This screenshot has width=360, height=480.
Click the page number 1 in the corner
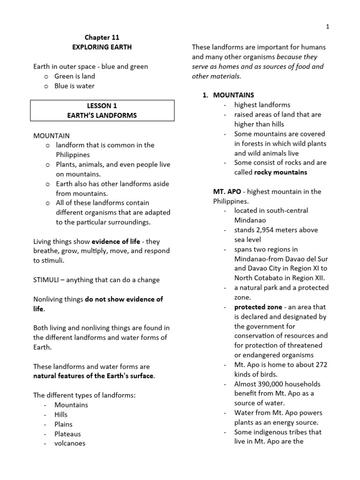328,27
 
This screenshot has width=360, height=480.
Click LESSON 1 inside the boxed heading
102,106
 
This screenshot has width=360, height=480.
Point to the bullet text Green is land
75,76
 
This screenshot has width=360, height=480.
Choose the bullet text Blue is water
75,86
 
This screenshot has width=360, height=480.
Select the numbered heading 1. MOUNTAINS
229,95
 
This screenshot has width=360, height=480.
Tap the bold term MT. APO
227,191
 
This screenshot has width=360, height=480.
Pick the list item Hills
61,414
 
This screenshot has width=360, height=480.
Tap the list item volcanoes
70,443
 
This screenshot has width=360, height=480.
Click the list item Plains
63,424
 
